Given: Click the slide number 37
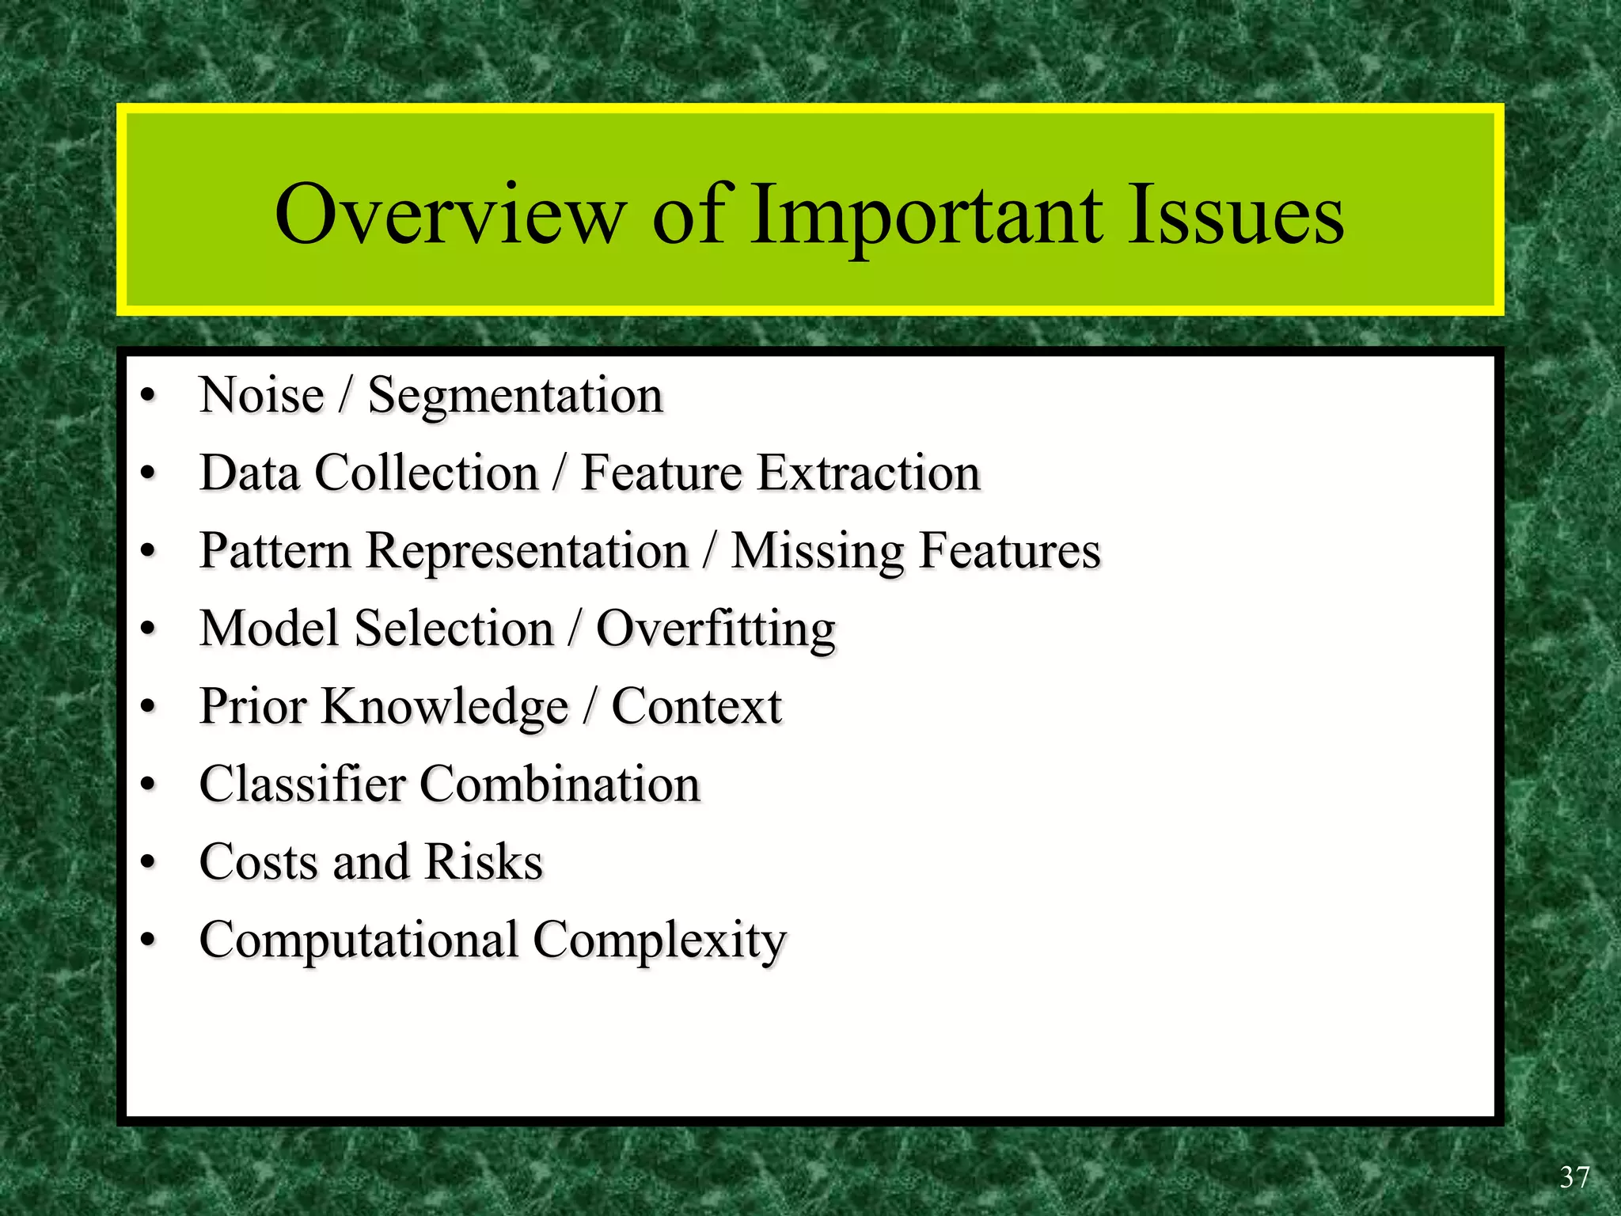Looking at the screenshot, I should pos(1574,1177).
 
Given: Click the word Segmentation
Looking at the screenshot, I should pos(515,396).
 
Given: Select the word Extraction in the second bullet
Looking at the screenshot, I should pos(868,473).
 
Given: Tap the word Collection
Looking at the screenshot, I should pos(427,473).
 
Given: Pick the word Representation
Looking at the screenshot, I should pos(526,551).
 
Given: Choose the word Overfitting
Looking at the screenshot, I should pos(716,629).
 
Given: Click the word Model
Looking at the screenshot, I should pos(269,629).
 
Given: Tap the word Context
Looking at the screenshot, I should pos(697,706).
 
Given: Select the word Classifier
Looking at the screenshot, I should pos(302,784).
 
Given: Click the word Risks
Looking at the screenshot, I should pos(484,861).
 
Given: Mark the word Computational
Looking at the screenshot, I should pos(359,940).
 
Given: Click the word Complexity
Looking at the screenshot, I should pos(659,940).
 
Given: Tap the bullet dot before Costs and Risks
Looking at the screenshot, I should pos(148,862).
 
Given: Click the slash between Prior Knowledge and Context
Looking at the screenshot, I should pos(590,706).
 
